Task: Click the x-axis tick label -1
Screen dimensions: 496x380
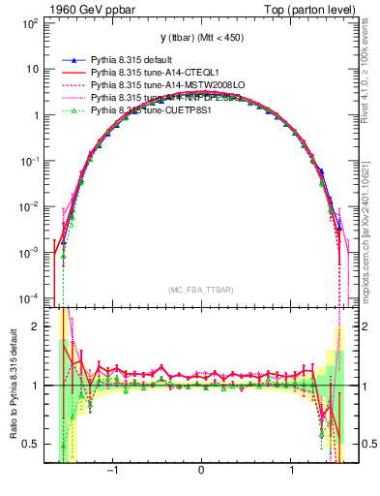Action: coord(112,472)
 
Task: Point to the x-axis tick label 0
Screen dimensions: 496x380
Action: coord(201,472)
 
